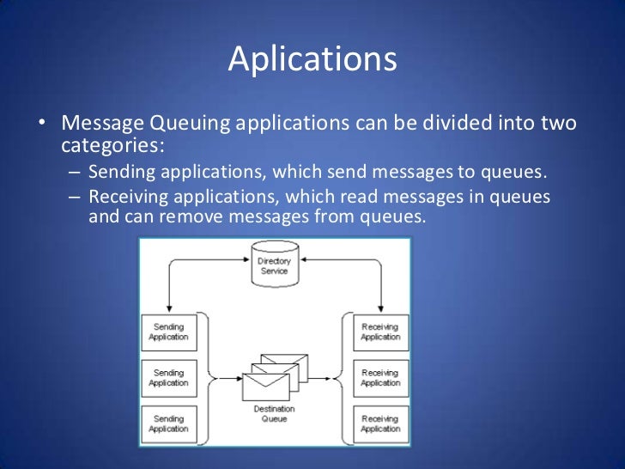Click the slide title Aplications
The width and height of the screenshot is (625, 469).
(x=312, y=61)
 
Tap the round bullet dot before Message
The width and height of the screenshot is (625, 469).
(x=41, y=125)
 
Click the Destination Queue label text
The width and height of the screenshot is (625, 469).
(x=275, y=414)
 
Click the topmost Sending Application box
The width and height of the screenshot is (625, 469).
(x=168, y=332)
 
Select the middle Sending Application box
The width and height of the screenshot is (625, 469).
(x=168, y=378)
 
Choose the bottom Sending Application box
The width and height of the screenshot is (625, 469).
(x=168, y=423)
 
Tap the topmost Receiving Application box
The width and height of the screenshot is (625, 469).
(x=380, y=332)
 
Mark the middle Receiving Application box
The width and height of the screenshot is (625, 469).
(x=380, y=378)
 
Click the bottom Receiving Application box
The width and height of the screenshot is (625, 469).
(x=380, y=423)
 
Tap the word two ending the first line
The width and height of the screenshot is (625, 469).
(x=556, y=124)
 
